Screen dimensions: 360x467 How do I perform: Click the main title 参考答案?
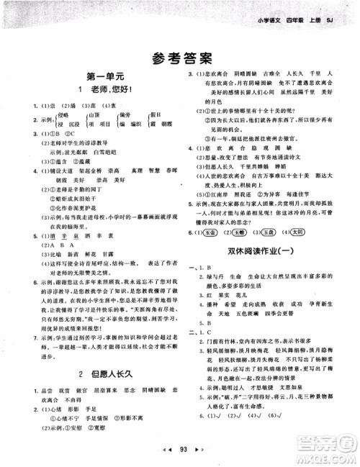[180, 58]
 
